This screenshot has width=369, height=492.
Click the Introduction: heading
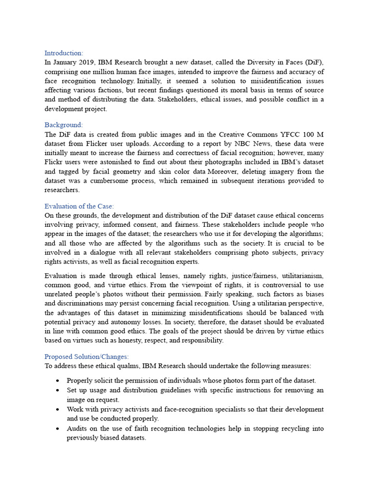[x=64, y=53]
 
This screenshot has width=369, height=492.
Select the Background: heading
[x=64, y=125]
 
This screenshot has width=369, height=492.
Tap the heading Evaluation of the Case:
[x=79, y=206]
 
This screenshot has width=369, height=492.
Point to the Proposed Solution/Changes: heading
[x=86, y=357]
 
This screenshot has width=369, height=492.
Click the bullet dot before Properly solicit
[x=58, y=381]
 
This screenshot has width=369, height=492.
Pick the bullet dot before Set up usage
[x=58, y=390]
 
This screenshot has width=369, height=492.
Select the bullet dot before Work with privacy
[x=58, y=409]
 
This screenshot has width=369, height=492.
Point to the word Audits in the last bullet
[x=77, y=429]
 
